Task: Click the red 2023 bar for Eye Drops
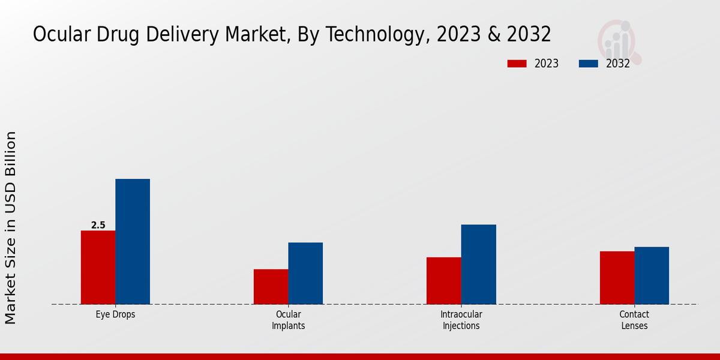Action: pos(98,267)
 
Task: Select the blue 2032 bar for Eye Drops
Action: pos(133,241)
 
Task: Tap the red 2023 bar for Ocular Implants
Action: pos(271,286)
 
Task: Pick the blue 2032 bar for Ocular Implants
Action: pos(305,273)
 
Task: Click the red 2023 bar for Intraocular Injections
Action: pos(443,280)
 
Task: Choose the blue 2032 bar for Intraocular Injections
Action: pos(478,264)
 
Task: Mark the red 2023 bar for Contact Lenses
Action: pos(617,277)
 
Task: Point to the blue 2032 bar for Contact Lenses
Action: pos(652,275)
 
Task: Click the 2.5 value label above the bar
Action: pos(98,226)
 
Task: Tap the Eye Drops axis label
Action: pos(115,314)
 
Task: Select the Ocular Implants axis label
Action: pos(288,320)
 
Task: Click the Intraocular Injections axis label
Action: pos(461,320)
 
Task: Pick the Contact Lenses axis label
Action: pos(634,320)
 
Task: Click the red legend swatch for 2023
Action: pos(517,64)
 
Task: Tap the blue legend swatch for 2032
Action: pos(588,64)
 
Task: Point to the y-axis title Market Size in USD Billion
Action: pos(11,228)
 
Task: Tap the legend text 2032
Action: pos(618,64)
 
